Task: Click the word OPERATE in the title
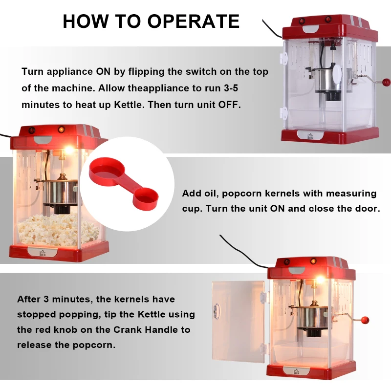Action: click(195, 21)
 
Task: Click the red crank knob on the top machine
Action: click(386, 82)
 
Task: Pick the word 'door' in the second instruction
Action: click(368, 208)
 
